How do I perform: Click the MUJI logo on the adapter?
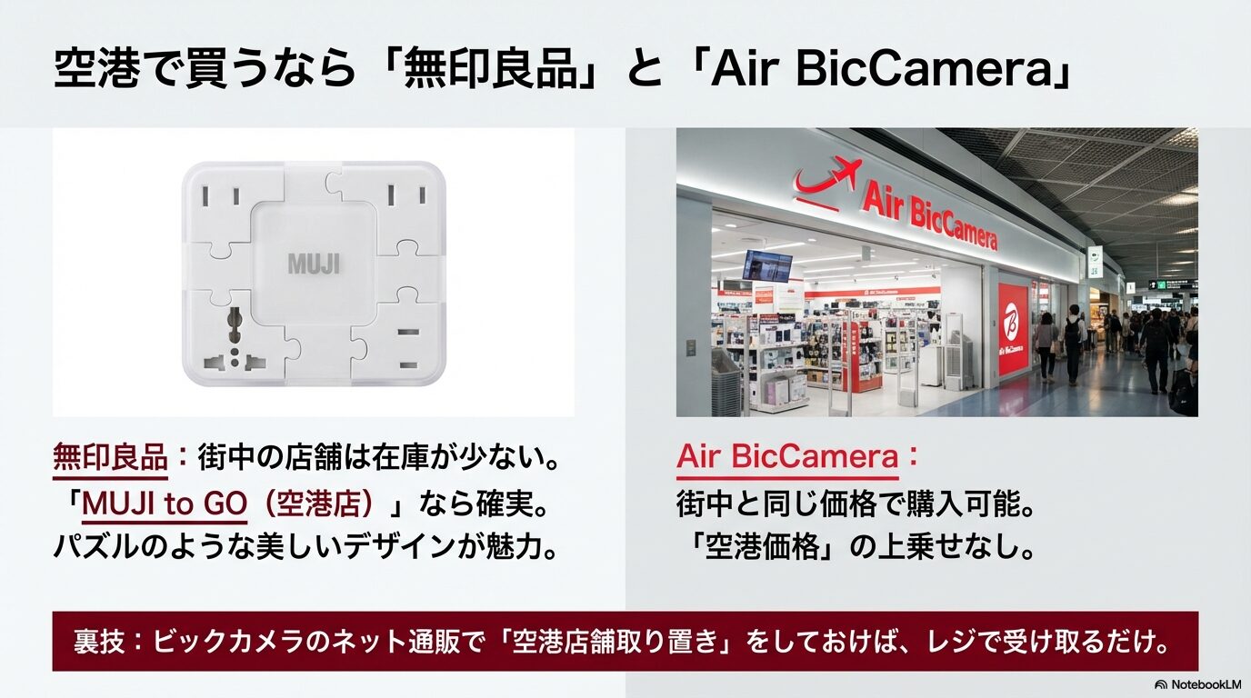(x=314, y=264)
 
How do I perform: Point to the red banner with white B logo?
(x=1014, y=327)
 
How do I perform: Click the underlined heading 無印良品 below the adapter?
(x=110, y=457)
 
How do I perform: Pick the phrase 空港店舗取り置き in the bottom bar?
(x=615, y=642)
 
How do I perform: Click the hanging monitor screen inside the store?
(x=766, y=264)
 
